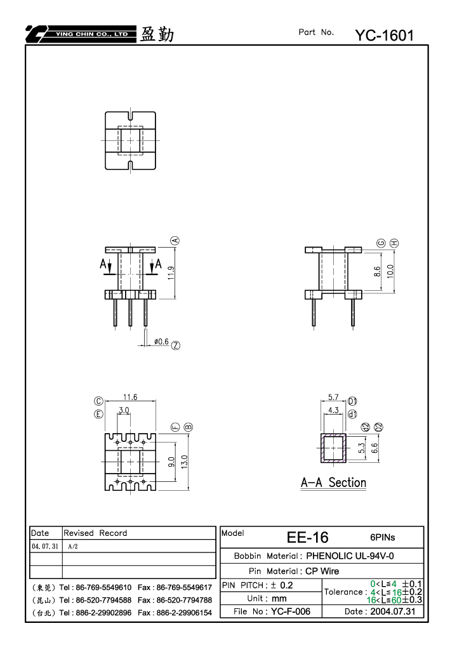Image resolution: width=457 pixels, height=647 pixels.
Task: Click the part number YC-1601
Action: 385,36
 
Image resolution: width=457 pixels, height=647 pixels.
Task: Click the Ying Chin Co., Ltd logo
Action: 81,34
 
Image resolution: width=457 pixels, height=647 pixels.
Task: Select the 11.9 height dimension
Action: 171,273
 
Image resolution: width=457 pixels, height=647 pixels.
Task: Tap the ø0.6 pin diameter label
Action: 161,342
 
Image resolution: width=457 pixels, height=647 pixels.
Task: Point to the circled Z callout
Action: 176,345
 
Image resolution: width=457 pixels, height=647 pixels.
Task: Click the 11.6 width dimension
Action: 130,397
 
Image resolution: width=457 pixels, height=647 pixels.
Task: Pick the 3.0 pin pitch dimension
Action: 124,410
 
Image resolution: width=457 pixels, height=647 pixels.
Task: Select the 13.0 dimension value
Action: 184,462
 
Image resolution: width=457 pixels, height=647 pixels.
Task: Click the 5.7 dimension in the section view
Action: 333,397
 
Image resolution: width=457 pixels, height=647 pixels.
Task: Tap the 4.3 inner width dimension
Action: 333,410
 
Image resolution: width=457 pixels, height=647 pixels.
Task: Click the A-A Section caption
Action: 334,483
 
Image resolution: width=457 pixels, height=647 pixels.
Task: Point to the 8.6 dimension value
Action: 377,272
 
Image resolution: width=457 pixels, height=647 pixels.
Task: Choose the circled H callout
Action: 394,243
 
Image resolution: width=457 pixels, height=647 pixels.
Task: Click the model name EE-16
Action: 308,537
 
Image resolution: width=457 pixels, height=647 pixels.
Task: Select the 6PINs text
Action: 382,537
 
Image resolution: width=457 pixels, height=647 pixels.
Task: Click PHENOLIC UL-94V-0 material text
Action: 350,556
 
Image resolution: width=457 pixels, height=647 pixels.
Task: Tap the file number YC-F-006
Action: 290,611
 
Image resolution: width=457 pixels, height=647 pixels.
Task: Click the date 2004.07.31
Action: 393,611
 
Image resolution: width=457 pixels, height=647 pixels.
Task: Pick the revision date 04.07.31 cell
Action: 45,546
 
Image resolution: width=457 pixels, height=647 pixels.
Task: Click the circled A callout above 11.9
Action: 175,240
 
